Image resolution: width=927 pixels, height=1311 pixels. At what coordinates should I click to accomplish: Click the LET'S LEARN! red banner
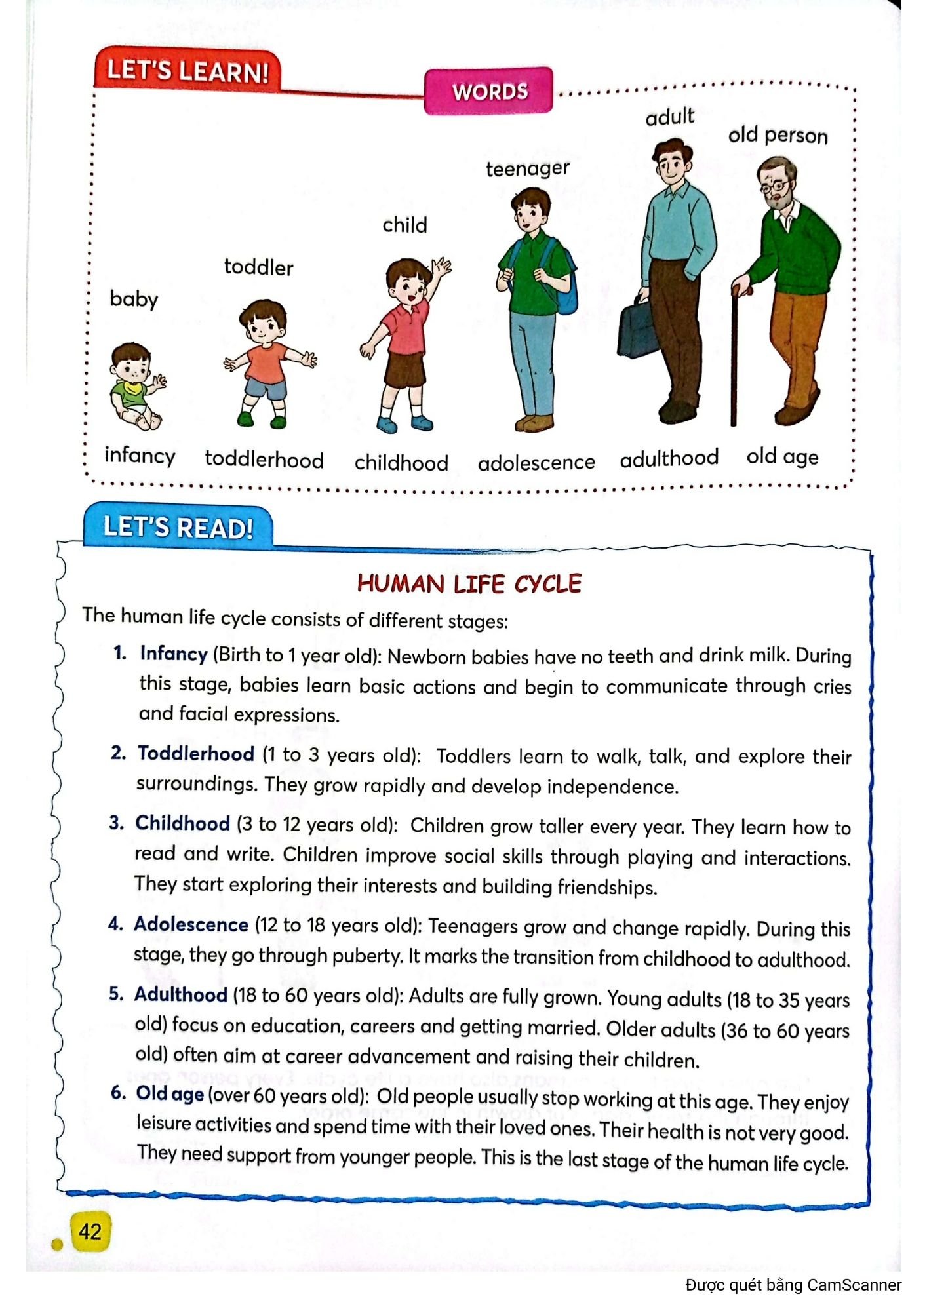tap(187, 71)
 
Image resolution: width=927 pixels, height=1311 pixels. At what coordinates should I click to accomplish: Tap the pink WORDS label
tap(489, 91)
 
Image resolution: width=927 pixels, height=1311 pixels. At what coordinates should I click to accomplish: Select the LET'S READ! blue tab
tap(178, 527)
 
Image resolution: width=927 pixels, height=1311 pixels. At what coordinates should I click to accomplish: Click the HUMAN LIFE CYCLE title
tap(469, 583)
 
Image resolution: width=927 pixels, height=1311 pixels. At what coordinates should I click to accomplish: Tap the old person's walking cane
tap(734, 354)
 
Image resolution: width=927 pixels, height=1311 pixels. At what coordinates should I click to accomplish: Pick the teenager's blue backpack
tap(567, 282)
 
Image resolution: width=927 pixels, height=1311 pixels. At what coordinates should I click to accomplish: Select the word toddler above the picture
tap(258, 267)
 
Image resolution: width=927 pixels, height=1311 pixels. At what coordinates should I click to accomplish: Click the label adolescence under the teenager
tap(536, 463)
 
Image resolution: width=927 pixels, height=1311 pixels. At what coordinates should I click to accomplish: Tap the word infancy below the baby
tap(140, 456)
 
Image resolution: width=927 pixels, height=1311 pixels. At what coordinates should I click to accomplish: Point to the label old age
tap(782, 456)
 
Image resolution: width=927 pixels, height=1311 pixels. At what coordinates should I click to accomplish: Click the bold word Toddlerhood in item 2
tap(195, 754)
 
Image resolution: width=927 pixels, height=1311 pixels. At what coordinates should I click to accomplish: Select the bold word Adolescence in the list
tap(191, 924)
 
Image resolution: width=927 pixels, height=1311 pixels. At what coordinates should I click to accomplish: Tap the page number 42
tap(90, 1231)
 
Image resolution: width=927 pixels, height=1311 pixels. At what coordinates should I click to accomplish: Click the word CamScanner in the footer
tap(854, 1285)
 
